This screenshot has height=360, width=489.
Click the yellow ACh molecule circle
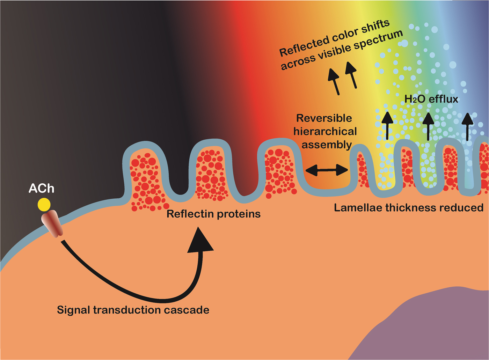tap(44, 205)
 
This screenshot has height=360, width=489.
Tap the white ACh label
tap(41, 189)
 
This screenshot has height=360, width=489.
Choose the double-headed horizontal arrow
tap(327, 170)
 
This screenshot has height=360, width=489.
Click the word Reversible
tap(324, 118)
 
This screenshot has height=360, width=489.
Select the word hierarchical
tap(325, 131)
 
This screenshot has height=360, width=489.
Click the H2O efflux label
tap(431, 99)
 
